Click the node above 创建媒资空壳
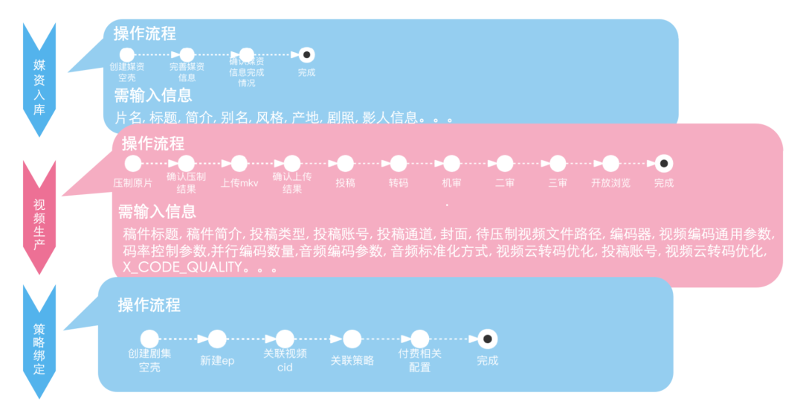[x=127, y=55]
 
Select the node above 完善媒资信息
[x=187, y=55]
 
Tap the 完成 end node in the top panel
[x=306, y=55]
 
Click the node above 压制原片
[x=133, y=164]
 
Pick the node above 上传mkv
[x=239, y=164]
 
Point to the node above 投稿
[x=345, y=164]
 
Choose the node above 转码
[x=399, y=164]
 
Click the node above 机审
[x=451, y=164]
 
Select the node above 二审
[x=505, y=164]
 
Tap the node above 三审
[x=558, y=164]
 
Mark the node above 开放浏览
[x=611, y=164]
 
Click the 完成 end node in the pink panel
[x=664, y=164]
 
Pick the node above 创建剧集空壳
[x=149, y=339]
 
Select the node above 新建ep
[x=217, y=339]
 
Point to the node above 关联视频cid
[x=285, y=339]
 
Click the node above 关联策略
[x=352, y=339]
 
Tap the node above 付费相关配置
[x=420, y=339]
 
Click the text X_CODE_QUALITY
[x=183, y=267]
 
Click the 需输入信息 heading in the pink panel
[x=157, y=211]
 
